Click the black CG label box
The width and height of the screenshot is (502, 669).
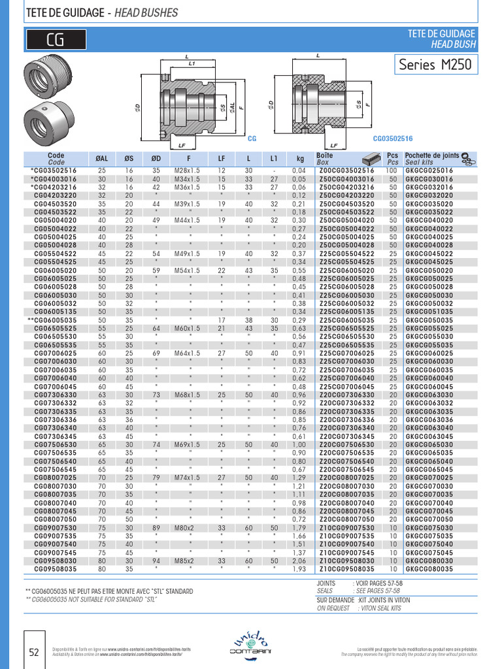tap(55, 41)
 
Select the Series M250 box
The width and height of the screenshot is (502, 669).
tap(435, 65)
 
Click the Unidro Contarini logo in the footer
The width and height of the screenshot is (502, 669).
tap(251, 644)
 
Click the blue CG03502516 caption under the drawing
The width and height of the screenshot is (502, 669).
tap(393, 139)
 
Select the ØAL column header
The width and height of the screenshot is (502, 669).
tap(102, 158)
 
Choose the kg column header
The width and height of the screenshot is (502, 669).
tap(300, 158)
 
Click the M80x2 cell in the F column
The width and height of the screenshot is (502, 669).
tap(189, 528)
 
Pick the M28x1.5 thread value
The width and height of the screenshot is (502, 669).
tap(189, 170)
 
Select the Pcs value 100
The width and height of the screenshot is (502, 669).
tap(393, 170)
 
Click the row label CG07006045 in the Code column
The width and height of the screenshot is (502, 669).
tap(56, 387)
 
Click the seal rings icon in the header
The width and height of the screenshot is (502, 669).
tap(468, 157)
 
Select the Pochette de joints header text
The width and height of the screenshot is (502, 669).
tap(432, 155)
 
